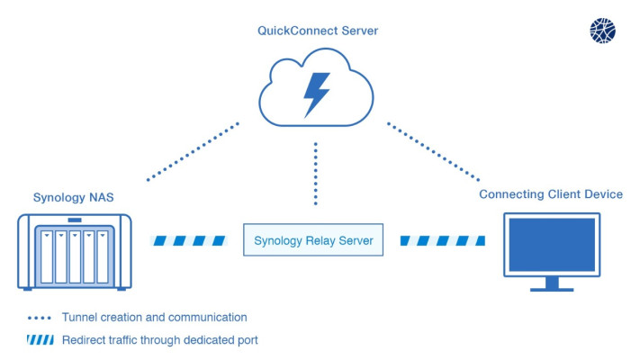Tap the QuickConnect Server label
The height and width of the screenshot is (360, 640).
point(318,31)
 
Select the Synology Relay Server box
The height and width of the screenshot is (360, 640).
point(313,240)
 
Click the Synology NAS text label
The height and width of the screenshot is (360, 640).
point(74,198)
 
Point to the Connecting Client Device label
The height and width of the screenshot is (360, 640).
point(551,194)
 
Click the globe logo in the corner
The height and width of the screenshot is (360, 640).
point(602,31)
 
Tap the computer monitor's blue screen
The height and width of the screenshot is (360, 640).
point(552,245)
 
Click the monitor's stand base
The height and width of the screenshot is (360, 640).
point(552,290)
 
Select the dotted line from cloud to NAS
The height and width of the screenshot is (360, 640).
point(193,151)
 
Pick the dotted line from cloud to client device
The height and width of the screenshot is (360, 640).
point(434,151)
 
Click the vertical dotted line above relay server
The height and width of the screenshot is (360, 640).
point(316,174)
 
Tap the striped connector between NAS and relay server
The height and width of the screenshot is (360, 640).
point(188,241)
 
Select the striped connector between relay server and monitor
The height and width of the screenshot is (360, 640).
point(443,241)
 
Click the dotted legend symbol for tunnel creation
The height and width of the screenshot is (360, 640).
point(40,318)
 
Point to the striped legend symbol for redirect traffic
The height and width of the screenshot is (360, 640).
point(40,340)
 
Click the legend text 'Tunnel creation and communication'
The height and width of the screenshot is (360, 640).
point(154,318)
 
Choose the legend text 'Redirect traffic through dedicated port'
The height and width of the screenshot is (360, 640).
point(160,340)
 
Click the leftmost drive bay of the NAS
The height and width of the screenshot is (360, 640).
point(47,257)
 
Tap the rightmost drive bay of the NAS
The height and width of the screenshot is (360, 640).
point(103,257)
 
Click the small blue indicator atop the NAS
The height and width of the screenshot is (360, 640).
point(75,220)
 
